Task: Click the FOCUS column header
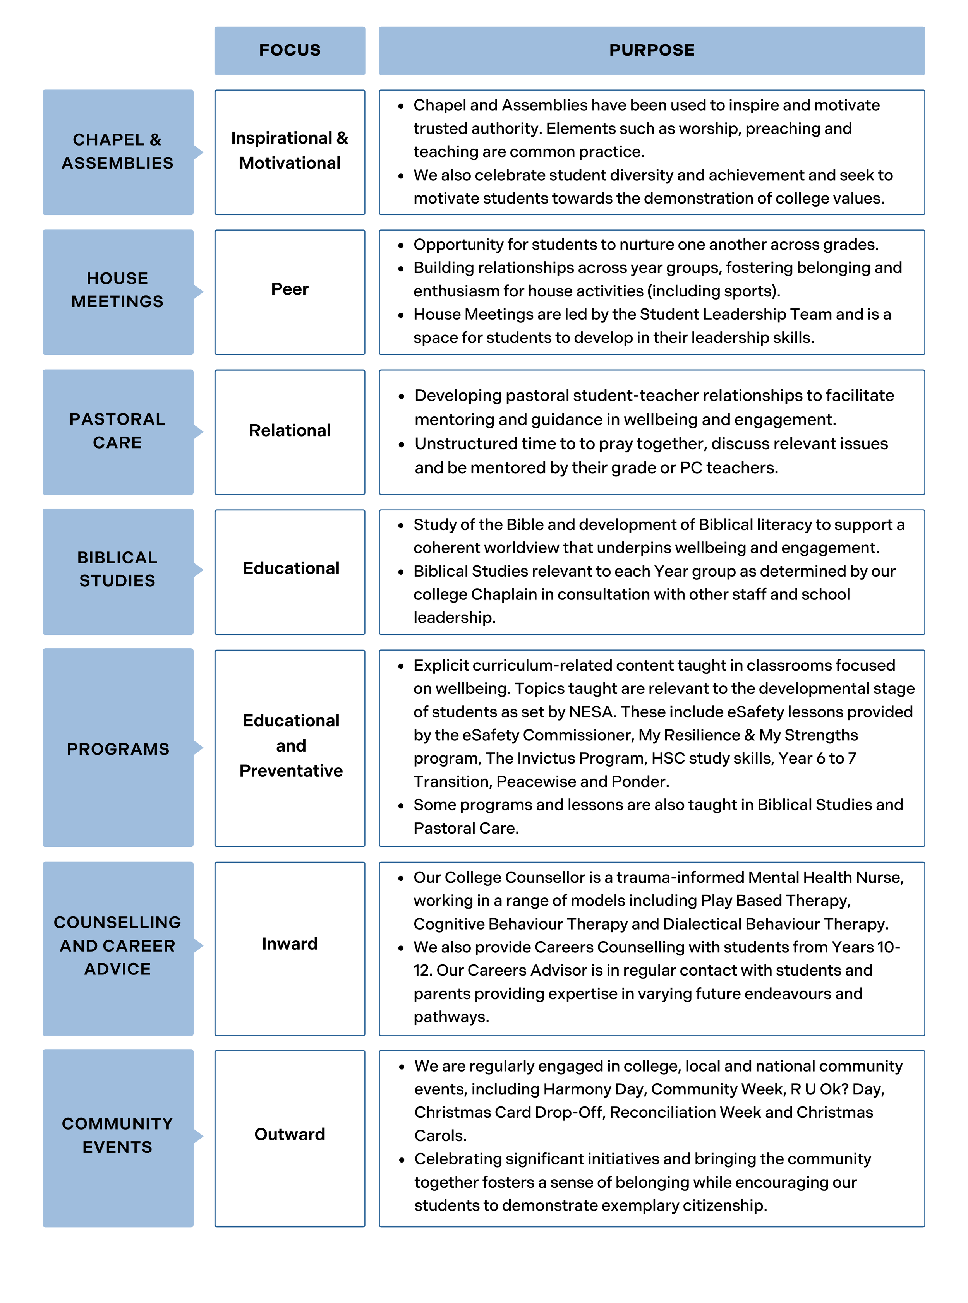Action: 290,50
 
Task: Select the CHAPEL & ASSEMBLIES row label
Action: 117,152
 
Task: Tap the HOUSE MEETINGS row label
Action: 117,291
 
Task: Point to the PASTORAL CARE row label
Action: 117,431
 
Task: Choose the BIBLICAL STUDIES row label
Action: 117,569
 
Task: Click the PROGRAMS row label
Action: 117,749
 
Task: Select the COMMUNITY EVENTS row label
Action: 117,1135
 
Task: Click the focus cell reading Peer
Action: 290,289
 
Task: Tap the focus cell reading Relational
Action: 290,430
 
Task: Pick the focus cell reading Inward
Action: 290,944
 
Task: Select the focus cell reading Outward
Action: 290,1134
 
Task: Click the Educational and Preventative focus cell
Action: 291,745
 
